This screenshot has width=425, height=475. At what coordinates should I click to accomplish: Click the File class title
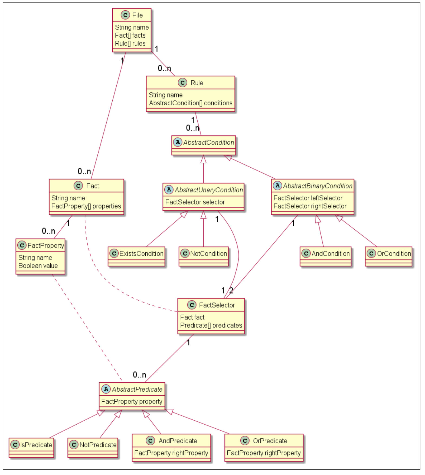(x=137, y=15)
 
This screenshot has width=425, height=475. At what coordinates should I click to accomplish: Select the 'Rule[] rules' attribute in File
(x=130, y=43)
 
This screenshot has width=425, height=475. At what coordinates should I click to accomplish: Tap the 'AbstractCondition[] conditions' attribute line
(x=191, y=103)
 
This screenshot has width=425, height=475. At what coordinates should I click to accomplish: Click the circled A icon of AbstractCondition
(x=178, y=142)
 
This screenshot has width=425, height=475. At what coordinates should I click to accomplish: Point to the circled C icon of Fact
(x=78, y=186)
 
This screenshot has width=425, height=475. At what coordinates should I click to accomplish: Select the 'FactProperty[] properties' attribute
(x=86, y=206)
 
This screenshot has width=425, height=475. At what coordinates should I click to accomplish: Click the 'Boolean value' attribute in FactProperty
(x=38, y=266)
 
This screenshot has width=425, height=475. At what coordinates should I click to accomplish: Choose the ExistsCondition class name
(x=141, y=254)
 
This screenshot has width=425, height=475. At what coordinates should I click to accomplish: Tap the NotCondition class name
(x=208, y=254)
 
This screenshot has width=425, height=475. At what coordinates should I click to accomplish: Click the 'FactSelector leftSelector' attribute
(x=308, y=198)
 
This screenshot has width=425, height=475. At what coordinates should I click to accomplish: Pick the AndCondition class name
(x=331, y=254)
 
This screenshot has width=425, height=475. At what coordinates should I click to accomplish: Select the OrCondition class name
(x=394, y=254)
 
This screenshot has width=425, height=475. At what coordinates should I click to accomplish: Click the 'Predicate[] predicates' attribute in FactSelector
(x=211, y=325)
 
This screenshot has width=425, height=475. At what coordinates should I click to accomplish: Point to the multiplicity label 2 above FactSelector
(x=231, y=291)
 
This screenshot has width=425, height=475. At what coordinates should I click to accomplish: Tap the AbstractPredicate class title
(x=137, y=389)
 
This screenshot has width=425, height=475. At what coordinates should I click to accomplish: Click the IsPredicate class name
(x=36, y=445)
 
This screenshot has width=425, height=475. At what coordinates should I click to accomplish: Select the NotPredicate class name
(x=98, y=445)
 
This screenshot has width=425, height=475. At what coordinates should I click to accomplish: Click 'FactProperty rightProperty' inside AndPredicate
(x=171, y=453)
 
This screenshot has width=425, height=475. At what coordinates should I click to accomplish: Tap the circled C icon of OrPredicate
(x=245, y=441)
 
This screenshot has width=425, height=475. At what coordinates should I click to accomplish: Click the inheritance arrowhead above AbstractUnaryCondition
(x=203, y=160)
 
